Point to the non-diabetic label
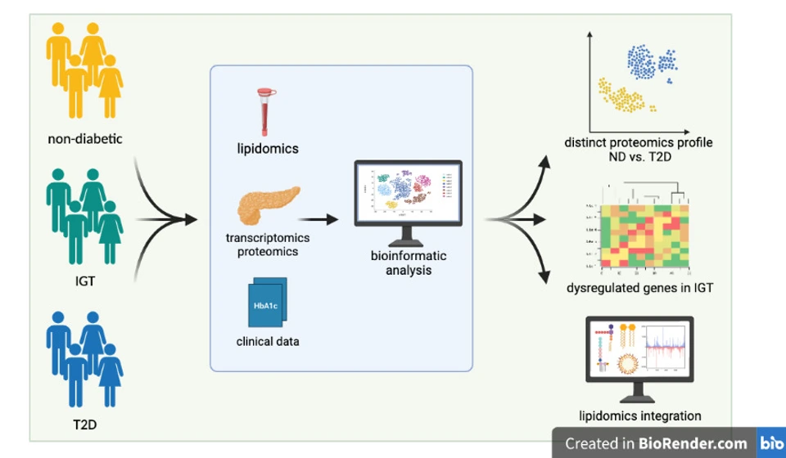(x=85, y=139)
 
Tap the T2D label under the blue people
(x=85, y=424)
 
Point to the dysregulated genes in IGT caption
(x=639, y=288)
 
